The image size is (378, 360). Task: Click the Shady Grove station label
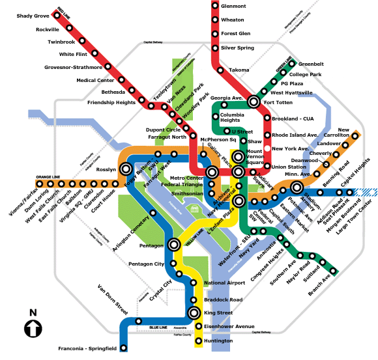tap(33, 16)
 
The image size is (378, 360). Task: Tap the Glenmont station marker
tap(216, 6)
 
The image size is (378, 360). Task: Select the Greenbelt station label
tap(311, 64)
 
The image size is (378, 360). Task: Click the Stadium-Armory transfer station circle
tap(297, 188)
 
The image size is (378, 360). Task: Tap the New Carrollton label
tap(356, 133)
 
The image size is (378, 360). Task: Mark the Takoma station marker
tap(222, 70)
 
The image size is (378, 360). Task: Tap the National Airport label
tap(224, 283)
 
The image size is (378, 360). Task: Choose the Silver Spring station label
tap(237, 48)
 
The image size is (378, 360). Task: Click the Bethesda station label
tap(113, 92)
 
